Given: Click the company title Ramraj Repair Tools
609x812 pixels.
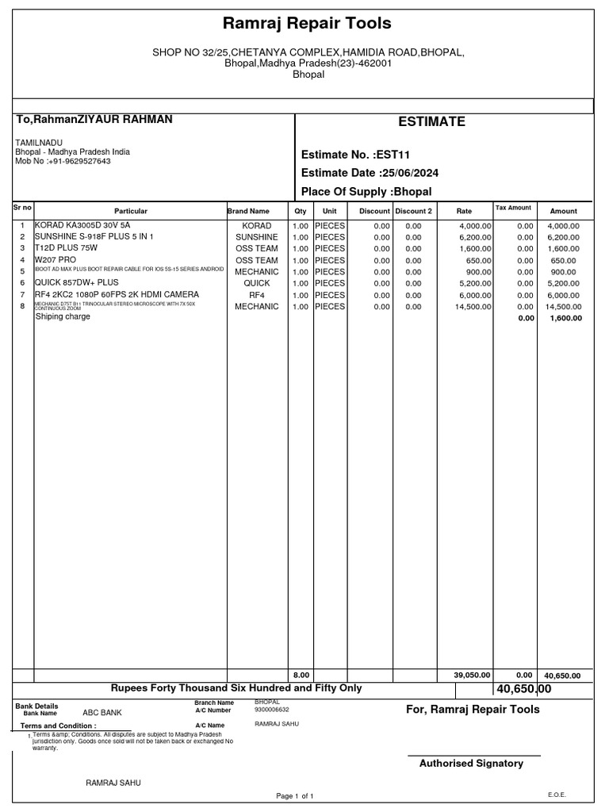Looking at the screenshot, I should (306, 24).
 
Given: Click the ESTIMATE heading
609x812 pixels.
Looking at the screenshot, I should (431, 121).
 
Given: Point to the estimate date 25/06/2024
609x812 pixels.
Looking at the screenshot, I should (409, 173).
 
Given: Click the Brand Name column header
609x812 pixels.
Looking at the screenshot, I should (248, 212).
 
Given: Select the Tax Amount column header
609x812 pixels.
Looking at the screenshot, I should (513, 208).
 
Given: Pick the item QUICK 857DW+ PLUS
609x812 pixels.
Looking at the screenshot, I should (76, 282).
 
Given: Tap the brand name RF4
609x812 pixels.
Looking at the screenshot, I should (257, 295).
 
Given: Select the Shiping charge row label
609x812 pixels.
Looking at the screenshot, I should (63, 316).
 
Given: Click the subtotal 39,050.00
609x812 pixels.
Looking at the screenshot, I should (473, 676).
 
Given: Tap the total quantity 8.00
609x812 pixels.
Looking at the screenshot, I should (301, 676).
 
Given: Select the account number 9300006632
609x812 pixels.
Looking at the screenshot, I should (272, 710).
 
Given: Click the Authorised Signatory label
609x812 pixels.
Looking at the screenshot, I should (471, 764).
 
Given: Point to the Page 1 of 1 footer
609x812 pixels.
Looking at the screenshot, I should (295, 795).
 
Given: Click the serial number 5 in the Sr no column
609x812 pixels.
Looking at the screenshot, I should (23, 271).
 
